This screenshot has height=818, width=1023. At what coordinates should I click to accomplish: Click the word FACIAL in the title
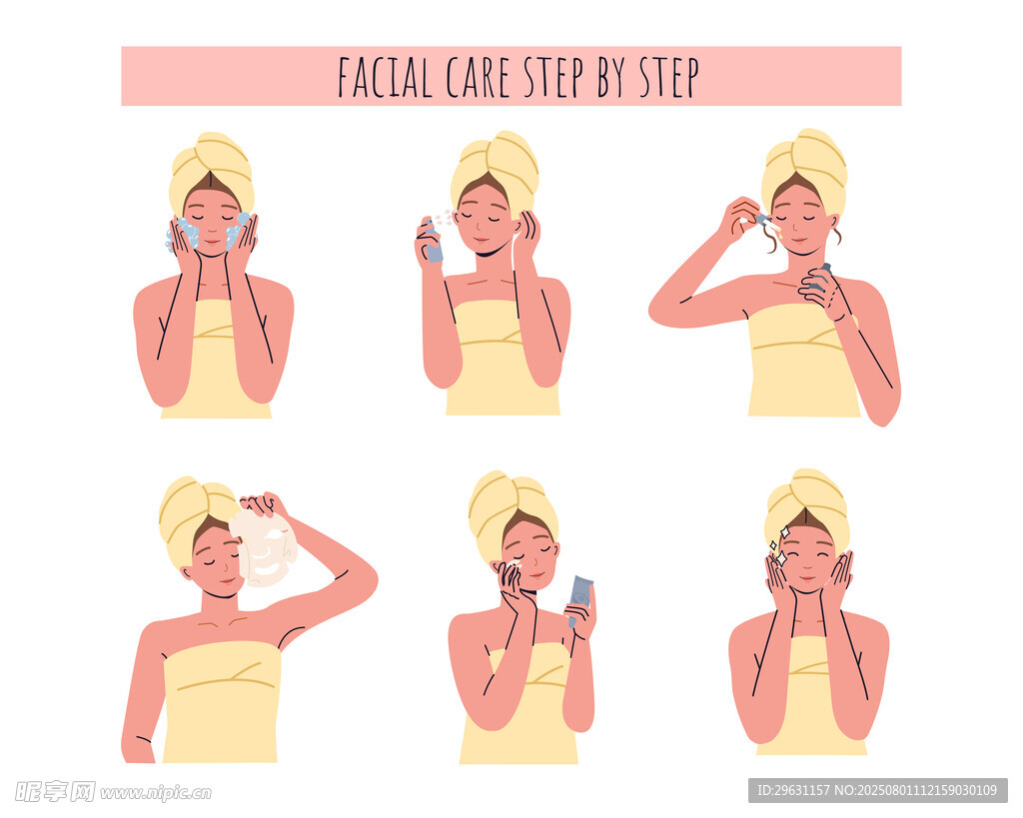385,77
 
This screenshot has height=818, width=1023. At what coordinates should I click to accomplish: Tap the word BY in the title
612,77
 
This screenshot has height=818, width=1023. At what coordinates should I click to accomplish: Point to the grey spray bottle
431,241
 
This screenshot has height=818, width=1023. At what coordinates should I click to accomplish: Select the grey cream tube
579,599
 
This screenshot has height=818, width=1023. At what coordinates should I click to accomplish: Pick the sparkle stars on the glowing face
779,545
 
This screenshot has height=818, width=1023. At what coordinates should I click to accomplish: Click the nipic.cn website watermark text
156,793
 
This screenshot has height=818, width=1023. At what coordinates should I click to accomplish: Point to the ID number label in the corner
877,791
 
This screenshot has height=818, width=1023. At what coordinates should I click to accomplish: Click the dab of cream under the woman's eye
514,562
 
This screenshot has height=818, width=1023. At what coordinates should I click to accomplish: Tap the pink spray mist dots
444,219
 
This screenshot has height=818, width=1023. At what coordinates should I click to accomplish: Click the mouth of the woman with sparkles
807,578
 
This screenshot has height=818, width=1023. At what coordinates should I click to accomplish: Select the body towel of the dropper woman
804,361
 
